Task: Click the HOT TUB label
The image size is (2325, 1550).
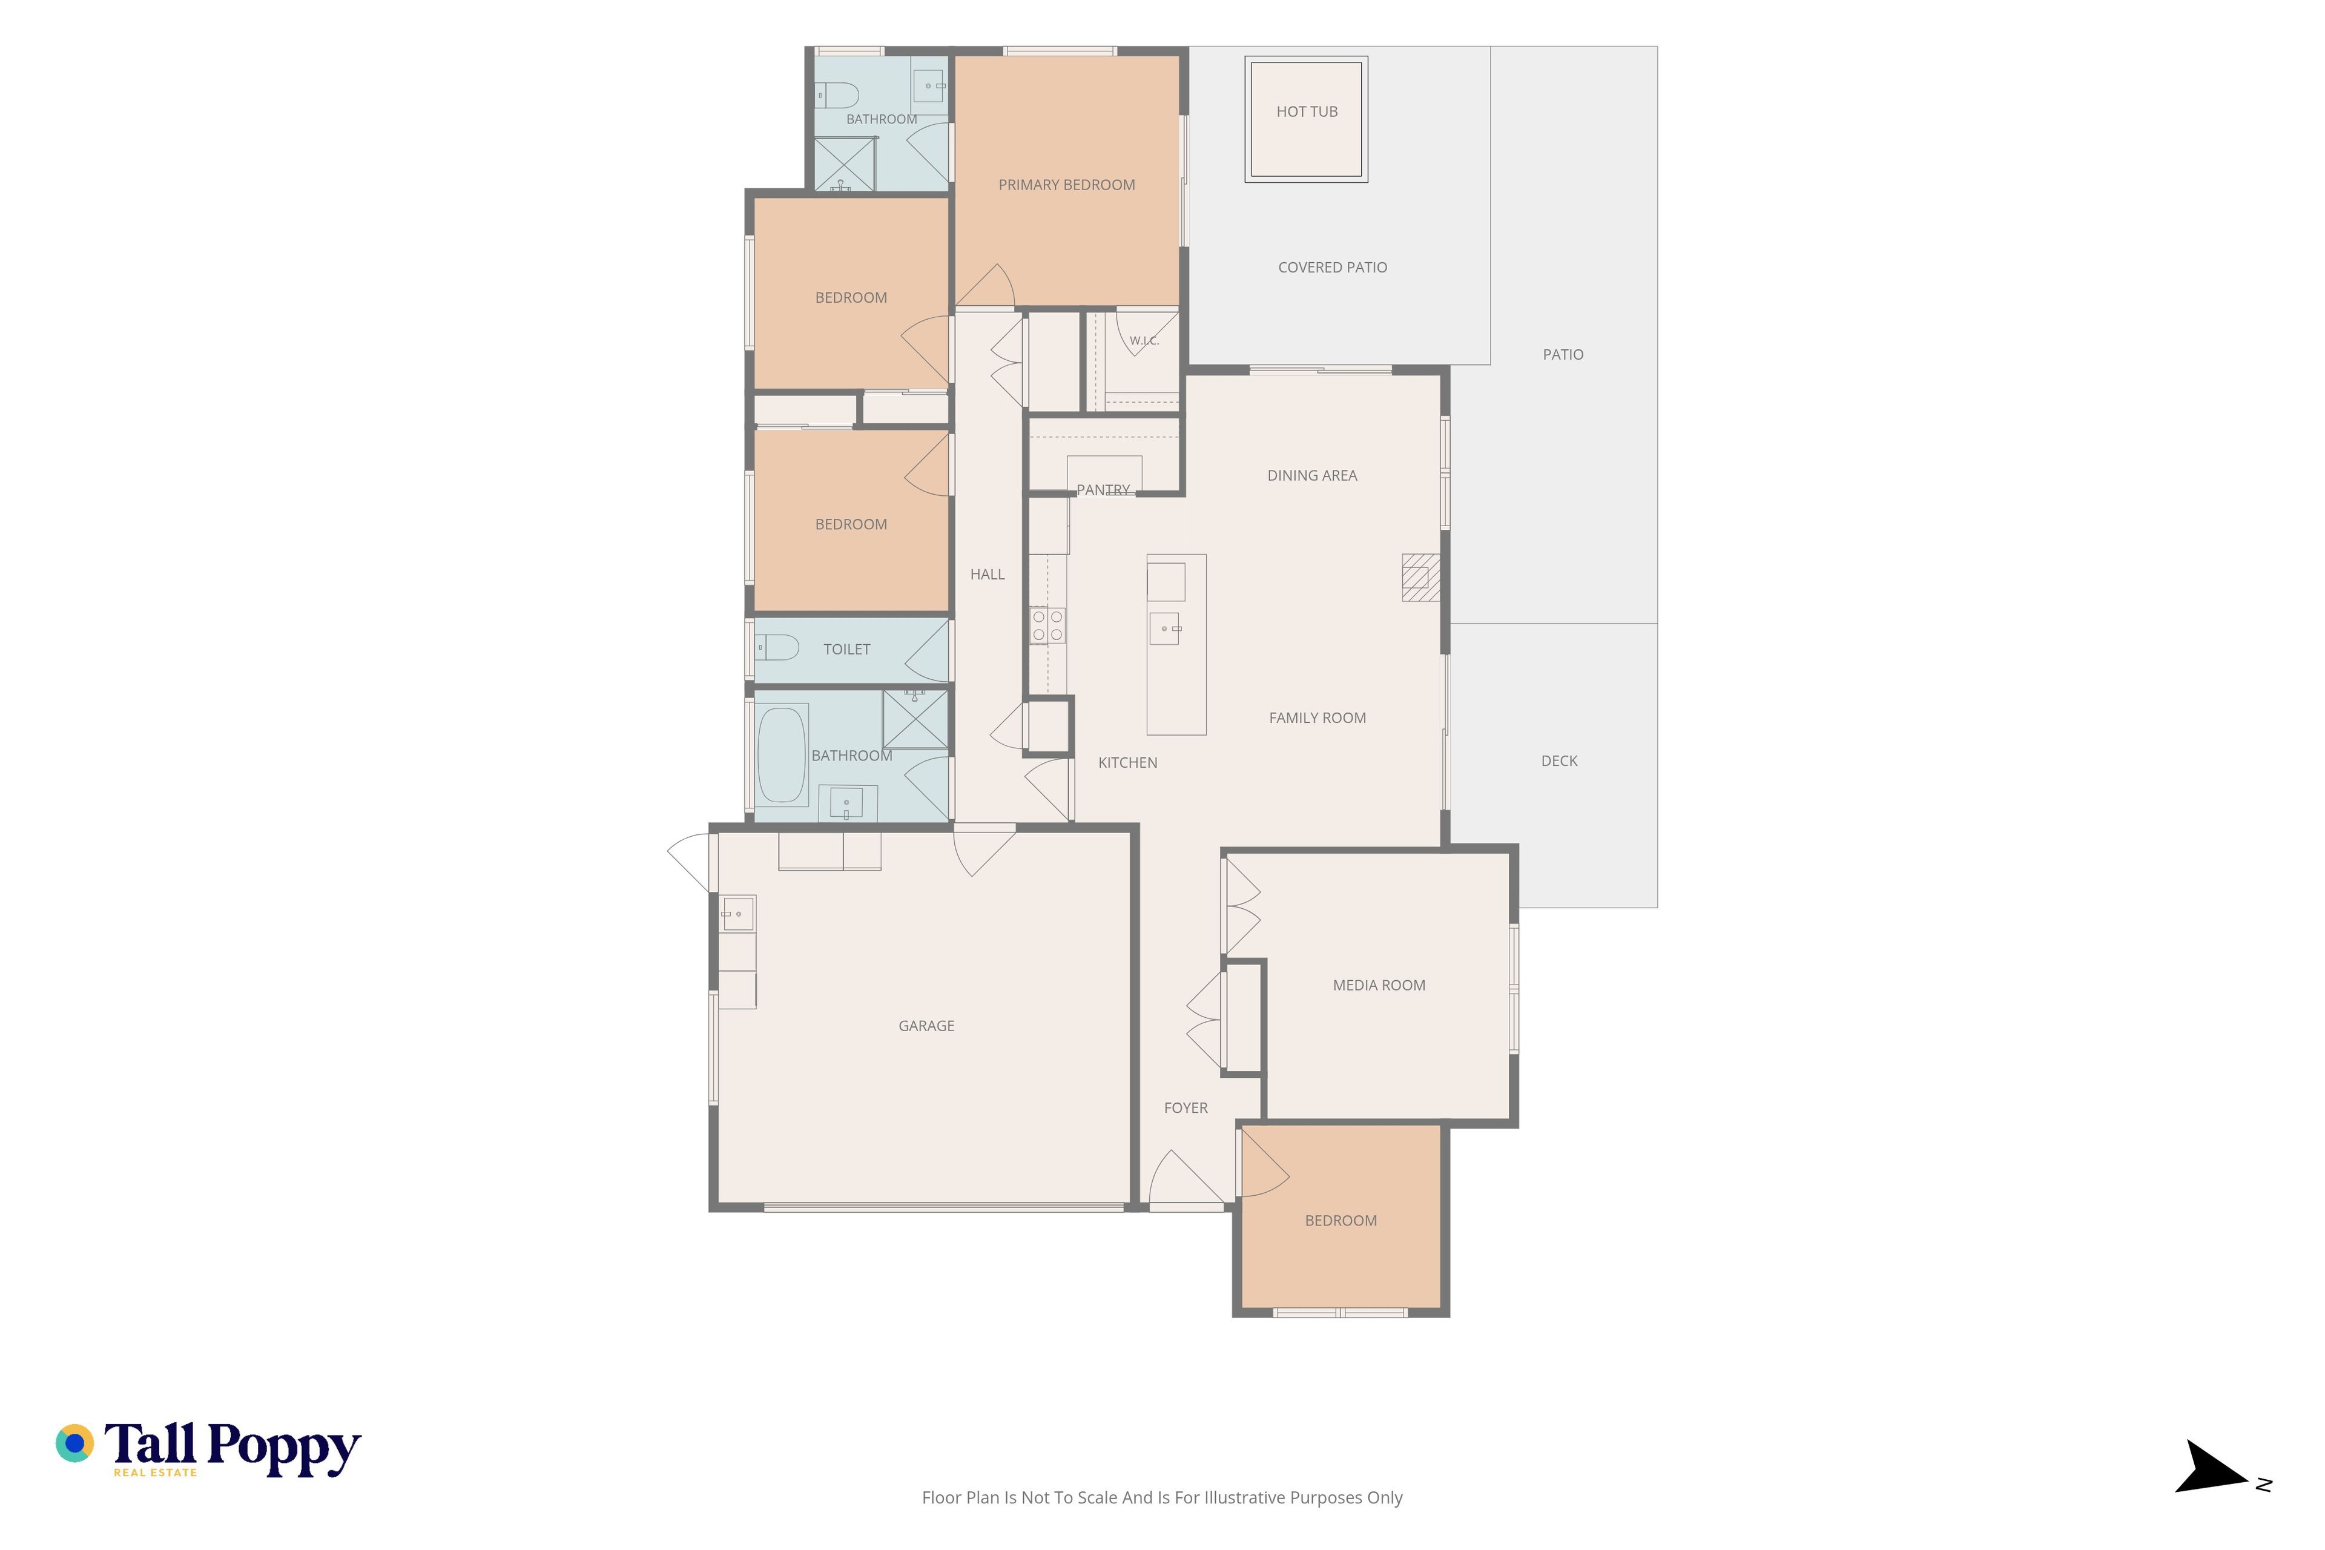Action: (1307, 111)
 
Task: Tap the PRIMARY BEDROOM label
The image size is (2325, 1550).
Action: (1067, 185)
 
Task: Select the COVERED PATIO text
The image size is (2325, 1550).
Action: (1333, 267)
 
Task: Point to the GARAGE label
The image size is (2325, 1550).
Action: (926, 1026)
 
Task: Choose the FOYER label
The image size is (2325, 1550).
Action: (1186, 1108)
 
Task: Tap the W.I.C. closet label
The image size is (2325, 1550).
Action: (1144, 341)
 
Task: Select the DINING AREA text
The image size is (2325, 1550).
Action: (1312, 475)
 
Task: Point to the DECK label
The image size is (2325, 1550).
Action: (1559, 761)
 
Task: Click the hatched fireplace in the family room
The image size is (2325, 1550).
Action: (1420, 577)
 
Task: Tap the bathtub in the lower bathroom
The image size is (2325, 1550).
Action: (782, 755)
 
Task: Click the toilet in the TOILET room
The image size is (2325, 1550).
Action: (777, 647)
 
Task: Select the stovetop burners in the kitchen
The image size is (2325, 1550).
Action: (1048, 625)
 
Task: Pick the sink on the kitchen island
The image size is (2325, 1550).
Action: (1164, 628)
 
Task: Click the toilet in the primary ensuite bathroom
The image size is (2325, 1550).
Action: (836, 95)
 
